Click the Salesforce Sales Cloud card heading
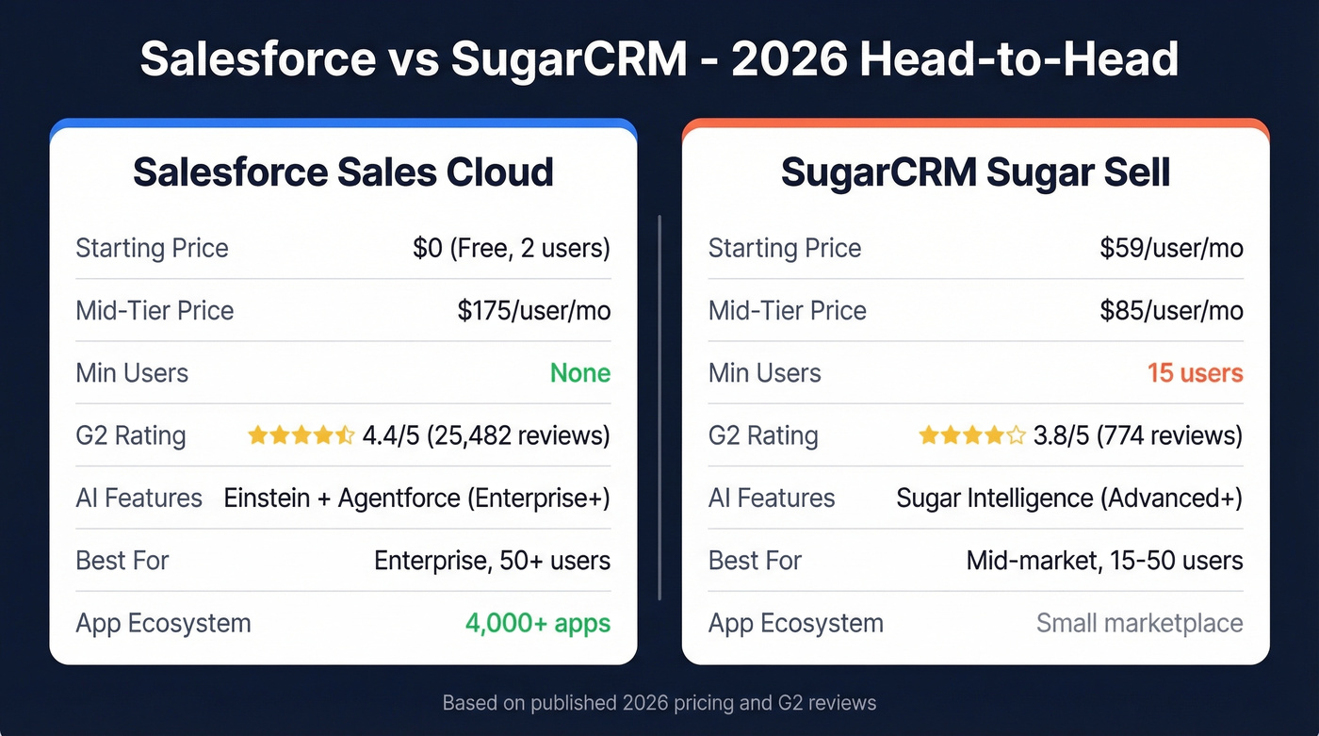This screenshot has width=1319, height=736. (x=343, y=173)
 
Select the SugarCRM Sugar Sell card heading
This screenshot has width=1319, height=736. (x=975, y=173)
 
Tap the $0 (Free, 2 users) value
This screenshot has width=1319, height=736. (x=511, y=248)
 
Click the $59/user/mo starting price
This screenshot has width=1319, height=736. (x=1171, y=248)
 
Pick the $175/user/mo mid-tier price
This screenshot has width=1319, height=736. (x=533, y=310)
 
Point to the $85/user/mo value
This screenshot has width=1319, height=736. (x=1171, y=310)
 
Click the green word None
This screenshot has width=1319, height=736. (x=580, y=373)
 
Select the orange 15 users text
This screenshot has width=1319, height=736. (x=1195, y=373)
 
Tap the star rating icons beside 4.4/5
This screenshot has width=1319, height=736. (x=301, y=435)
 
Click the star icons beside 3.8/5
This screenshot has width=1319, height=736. (x=971, y=435)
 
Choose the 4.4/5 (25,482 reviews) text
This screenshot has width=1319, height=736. (x=486, y=435)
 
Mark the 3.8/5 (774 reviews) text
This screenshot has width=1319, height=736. (x=1138, y=435)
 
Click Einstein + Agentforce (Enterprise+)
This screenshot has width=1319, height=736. (x=416, y=498)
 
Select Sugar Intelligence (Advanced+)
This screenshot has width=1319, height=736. (x=1069, y=498)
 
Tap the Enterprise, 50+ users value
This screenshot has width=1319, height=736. (x=492, y=561)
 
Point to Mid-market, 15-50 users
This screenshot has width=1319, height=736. (x=1104, y=561)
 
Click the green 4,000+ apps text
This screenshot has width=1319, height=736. (x=537, y=623)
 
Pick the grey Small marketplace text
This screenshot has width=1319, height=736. (x=1139, y=623)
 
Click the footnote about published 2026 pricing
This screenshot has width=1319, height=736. (x=659, y=703)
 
